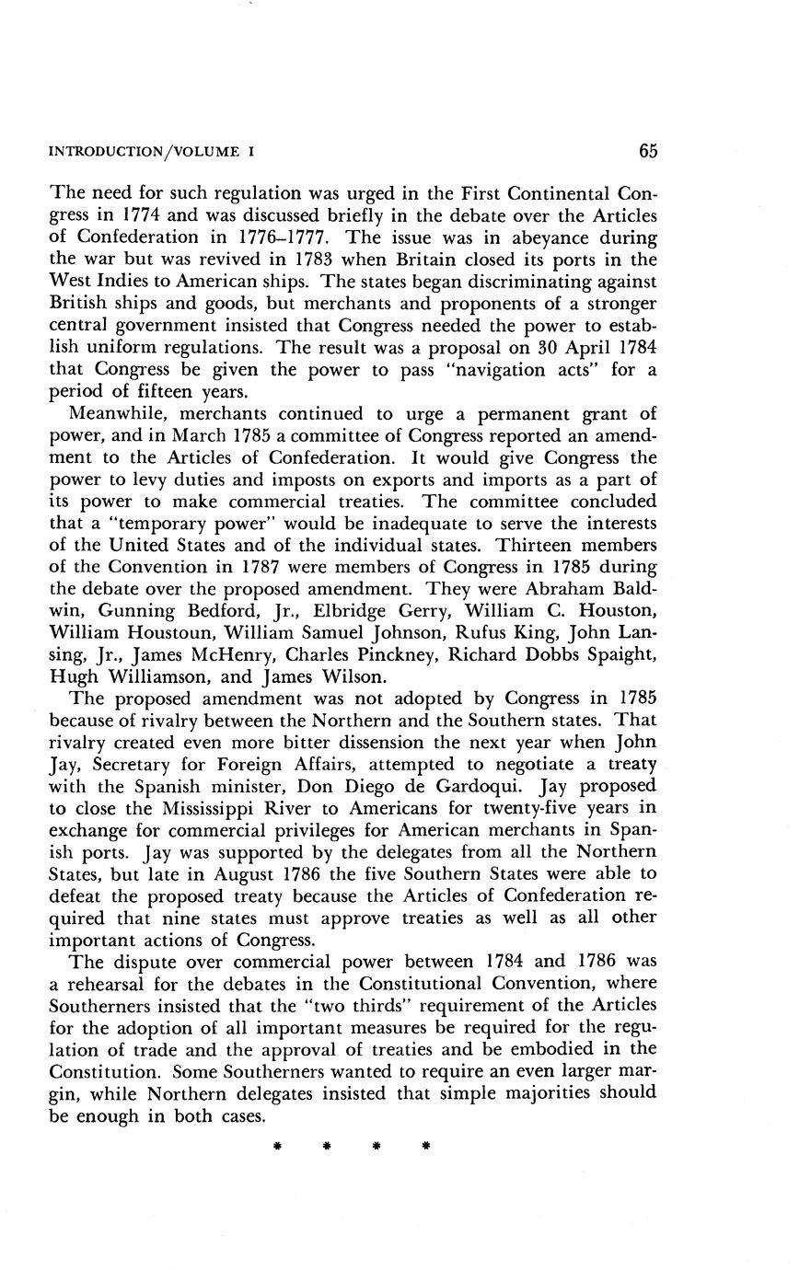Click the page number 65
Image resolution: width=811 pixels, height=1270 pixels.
pyautogui.click(x=646, y=152)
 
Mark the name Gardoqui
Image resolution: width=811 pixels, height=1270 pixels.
pyautogui.click(x=521, y=787)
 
